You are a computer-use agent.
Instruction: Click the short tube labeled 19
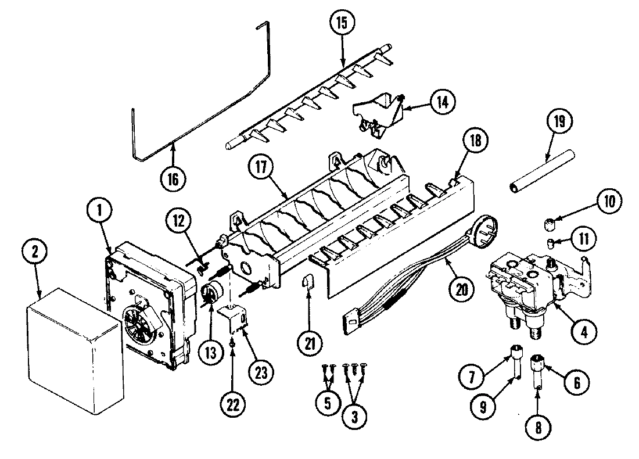(x=541, y=171)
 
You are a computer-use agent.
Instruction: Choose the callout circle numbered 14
(x=442, y=102)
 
